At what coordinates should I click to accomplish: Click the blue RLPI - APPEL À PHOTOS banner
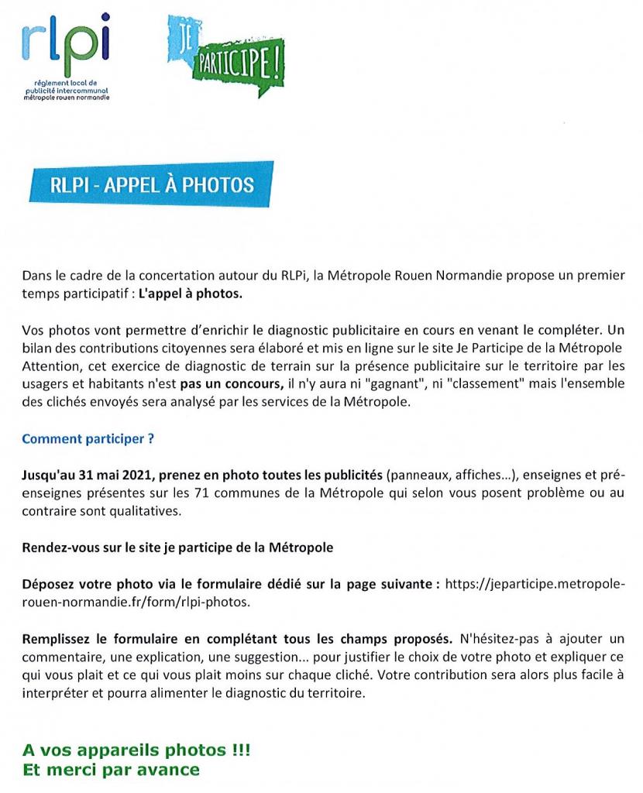click(152, 185)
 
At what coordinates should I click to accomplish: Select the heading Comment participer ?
click(88, 439)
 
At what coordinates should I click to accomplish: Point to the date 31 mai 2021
click(108, 472)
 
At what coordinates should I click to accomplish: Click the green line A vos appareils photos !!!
click(136, 751)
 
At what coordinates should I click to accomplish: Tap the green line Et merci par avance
click(111, 770)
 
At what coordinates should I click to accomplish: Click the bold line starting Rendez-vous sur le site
click(177, 548)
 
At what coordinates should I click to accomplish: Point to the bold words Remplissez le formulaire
click(98, 639)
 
